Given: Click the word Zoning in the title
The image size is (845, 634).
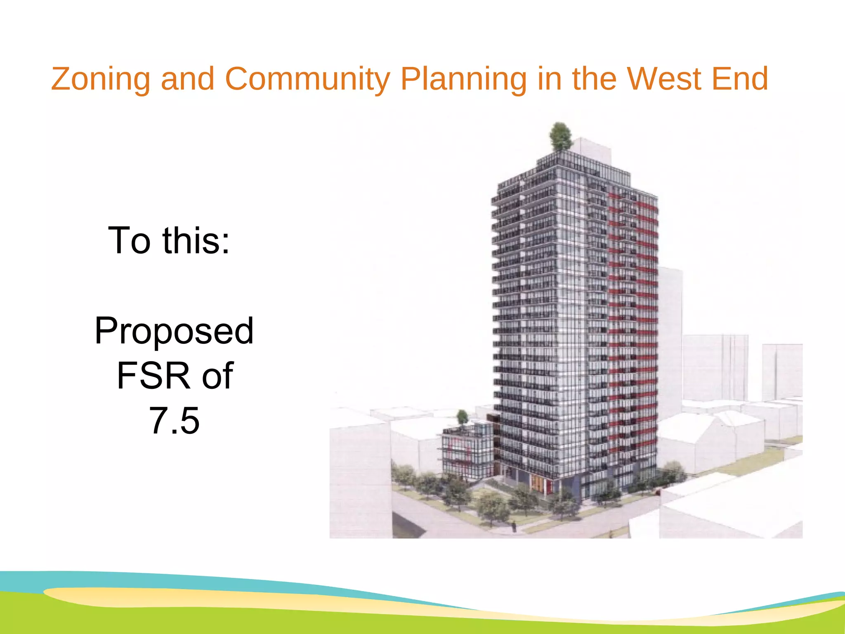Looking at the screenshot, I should point(100,79).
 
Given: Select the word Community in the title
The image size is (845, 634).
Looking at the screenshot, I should point(307,79).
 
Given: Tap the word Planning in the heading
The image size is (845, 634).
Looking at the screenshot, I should point(463,79).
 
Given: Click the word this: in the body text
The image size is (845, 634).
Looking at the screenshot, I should point(196,241).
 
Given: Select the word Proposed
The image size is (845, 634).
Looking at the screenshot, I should point(174,331).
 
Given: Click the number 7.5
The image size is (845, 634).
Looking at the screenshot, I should point(174,421).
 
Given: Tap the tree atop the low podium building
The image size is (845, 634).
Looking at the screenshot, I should point(463,417).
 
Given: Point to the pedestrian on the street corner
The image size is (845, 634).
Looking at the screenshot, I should point(514,526).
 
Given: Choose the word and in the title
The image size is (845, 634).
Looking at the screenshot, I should point(187,79).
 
